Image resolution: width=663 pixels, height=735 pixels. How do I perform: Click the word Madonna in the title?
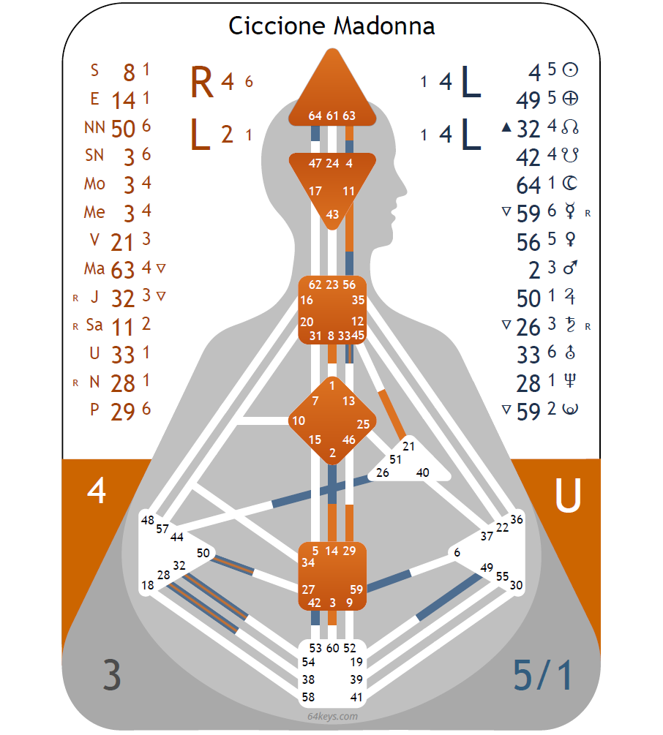coord(384,26)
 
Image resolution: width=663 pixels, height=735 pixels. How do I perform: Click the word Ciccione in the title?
coord(277,26)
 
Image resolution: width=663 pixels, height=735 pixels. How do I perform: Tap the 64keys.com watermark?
coord(332,716)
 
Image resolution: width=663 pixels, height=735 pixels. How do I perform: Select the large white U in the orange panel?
coord(568,497)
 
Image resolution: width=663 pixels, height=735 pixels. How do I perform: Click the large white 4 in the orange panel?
coord(97,491)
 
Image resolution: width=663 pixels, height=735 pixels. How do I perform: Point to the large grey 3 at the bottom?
coord(110,676)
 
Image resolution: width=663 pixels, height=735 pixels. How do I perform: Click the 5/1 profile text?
coord(542,676)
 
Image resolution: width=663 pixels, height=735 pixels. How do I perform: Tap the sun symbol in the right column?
coord(571,70)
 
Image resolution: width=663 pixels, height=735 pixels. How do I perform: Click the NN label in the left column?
coord(94,127)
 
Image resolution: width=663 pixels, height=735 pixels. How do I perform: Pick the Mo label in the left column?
coord(94,184)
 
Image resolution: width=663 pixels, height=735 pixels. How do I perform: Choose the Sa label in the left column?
coord(94,325)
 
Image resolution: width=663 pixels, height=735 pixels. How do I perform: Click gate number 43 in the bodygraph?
coord(332,214)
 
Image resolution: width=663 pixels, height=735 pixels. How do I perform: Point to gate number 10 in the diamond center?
coord(298,421)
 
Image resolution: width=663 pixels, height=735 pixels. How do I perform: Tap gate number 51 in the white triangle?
coord(395,459)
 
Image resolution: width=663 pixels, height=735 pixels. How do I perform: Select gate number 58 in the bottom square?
coord(309,697)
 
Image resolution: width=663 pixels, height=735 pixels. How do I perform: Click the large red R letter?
coord(202,83)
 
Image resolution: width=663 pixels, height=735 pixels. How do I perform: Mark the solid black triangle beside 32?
coord(506,128)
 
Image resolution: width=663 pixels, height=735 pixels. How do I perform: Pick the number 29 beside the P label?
coord(123,412)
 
